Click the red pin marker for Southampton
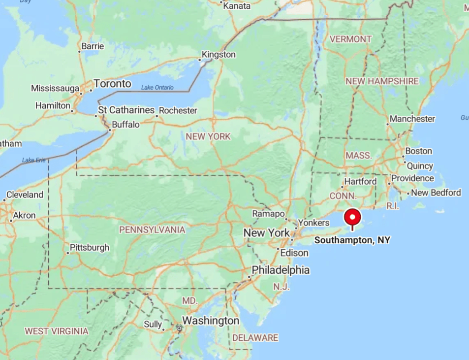(x=352, y=217)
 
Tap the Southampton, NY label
(x=352, y=240)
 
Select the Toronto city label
(x=112, y=84)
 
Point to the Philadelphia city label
(x=281, y=270)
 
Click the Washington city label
(x=211, y=321)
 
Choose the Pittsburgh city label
(x=90, y=247)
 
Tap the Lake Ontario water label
(x=157, y=88)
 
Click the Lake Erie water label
(x=33, y=160)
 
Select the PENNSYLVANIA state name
(x=152, y=230)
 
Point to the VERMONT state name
(x=350, y=39)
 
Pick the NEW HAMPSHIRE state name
(x=382, y=81)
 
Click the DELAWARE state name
(x=255, y=338)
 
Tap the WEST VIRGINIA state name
(x=57, y=331)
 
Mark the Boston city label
(x=418, y=151)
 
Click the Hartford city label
(x=360, y=182)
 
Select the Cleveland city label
(x=25, y=195)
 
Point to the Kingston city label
(x=219, y=55)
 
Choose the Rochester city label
(x=178, y=111)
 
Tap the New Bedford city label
(x=436, y=193)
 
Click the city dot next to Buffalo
(x=109, y=130)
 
